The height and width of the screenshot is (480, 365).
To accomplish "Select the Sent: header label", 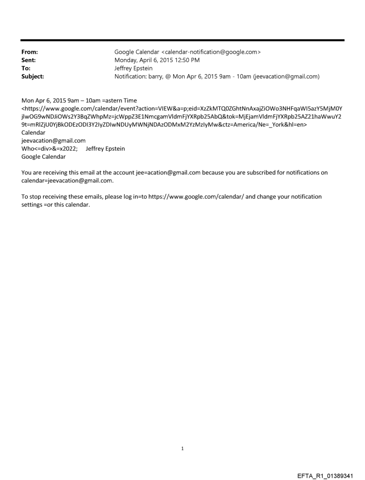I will [x=28, y=60].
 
